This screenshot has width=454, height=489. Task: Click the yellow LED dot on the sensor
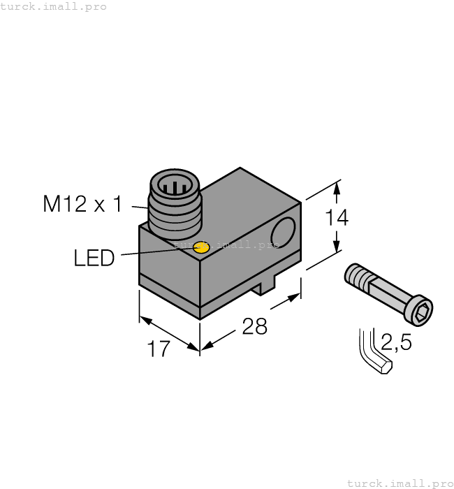coord(201,246)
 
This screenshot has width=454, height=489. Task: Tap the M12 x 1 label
coord(82,204)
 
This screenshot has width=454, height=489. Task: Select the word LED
coord(94,258)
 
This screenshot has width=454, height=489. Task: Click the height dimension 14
coord(337,218)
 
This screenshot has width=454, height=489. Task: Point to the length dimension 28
coord(254,326)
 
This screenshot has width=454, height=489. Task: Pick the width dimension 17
coord(159,349)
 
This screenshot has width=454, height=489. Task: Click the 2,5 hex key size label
coord(396,343)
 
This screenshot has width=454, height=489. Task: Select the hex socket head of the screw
coord(421,311)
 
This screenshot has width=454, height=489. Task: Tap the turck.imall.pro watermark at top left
coord(54,6)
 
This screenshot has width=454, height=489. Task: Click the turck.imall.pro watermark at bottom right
coord(400,483)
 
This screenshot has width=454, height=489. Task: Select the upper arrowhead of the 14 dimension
coord(337,187)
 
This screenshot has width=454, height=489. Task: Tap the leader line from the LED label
coord(154,252)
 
